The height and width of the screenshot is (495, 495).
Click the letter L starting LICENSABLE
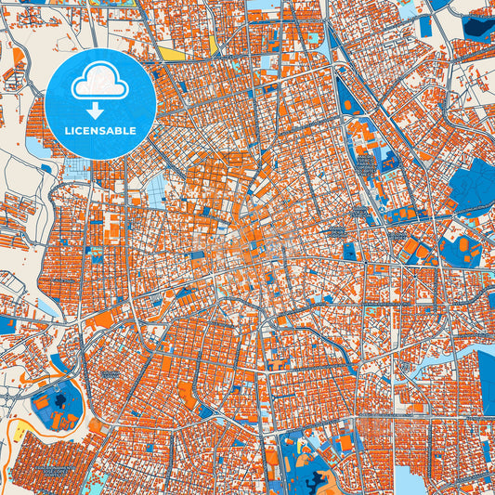(67, 130)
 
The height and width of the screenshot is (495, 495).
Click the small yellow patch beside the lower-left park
(18, 433)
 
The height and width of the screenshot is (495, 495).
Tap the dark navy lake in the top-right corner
(479, 28)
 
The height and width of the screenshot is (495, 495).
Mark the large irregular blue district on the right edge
(474, 186)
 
